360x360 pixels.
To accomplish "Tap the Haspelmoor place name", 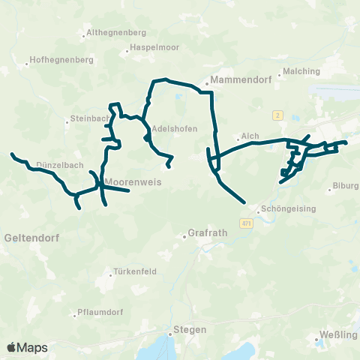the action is click(x=153, y=47).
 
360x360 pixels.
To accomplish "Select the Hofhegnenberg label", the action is click(x=60, y=60).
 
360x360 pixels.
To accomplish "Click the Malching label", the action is click(x=302, y=72).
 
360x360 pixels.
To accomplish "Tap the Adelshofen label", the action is click(x=174, y=128).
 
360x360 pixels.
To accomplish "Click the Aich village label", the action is click(x=250, y=136).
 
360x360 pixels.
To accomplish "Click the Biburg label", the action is click(x=346, y=185).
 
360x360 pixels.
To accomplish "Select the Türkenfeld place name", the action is click(x=135, y=271).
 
